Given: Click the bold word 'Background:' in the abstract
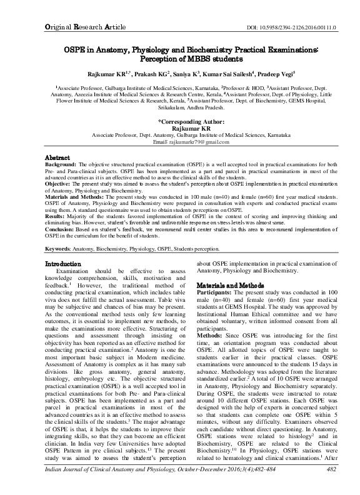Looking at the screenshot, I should point(66,164).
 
